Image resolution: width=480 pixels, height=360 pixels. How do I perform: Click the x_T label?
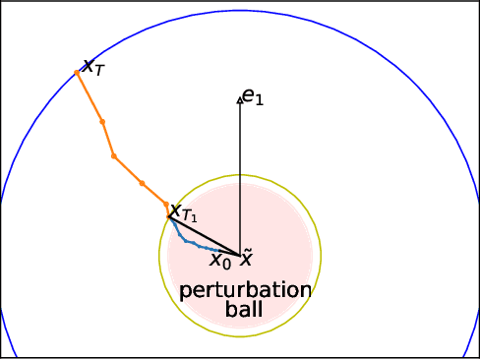click(x=92, y=67)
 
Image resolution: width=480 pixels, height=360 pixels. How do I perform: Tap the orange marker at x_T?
click(x=77, y=73)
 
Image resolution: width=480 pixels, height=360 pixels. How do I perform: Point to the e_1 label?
click(x=253, y=96)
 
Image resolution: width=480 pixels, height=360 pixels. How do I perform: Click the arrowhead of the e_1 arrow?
click(x=240, y=96)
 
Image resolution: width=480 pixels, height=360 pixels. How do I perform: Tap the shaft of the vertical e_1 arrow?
click(x=240, y=177)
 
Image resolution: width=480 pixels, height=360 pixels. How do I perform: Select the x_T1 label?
click(x=183, y=212)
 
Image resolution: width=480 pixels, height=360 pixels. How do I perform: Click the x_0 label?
click(x=220, y=261)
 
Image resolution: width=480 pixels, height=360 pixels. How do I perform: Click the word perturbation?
click(x=245, y=291)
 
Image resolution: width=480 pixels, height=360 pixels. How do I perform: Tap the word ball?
click(x=244, y=310)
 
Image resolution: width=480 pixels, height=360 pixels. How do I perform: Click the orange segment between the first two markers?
click(x=90, y=97)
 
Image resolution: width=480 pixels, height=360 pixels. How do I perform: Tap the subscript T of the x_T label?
click(x=98, y=71)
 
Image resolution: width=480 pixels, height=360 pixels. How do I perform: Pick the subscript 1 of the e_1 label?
click(x=260, y=100)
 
